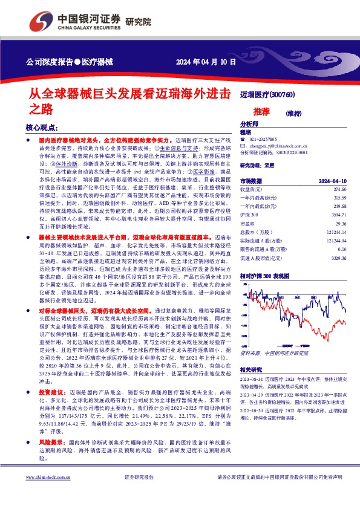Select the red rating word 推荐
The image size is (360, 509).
pyautogui.click(x=261, y=112)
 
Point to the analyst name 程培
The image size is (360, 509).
pyautogui.click(x=245, y=132)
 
